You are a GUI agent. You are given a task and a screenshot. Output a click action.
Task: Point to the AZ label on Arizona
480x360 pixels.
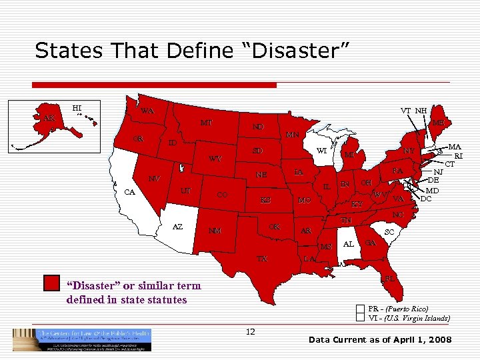(177, 227)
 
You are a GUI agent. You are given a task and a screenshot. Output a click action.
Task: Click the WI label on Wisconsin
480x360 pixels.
(321, 150)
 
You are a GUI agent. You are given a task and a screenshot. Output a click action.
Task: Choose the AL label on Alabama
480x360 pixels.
(348, 244)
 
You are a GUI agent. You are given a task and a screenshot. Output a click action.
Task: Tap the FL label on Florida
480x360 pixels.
(390, 278)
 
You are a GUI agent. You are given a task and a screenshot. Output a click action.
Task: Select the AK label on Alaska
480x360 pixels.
(49, 119)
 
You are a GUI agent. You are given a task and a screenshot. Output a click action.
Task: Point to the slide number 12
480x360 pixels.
(251, 331)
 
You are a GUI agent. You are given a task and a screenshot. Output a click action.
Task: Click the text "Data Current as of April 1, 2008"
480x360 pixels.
(380, 340)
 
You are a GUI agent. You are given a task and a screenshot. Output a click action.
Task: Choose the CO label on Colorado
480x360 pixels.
(224, 195)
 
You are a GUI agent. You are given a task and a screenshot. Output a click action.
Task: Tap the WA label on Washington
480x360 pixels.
(147, 111)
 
